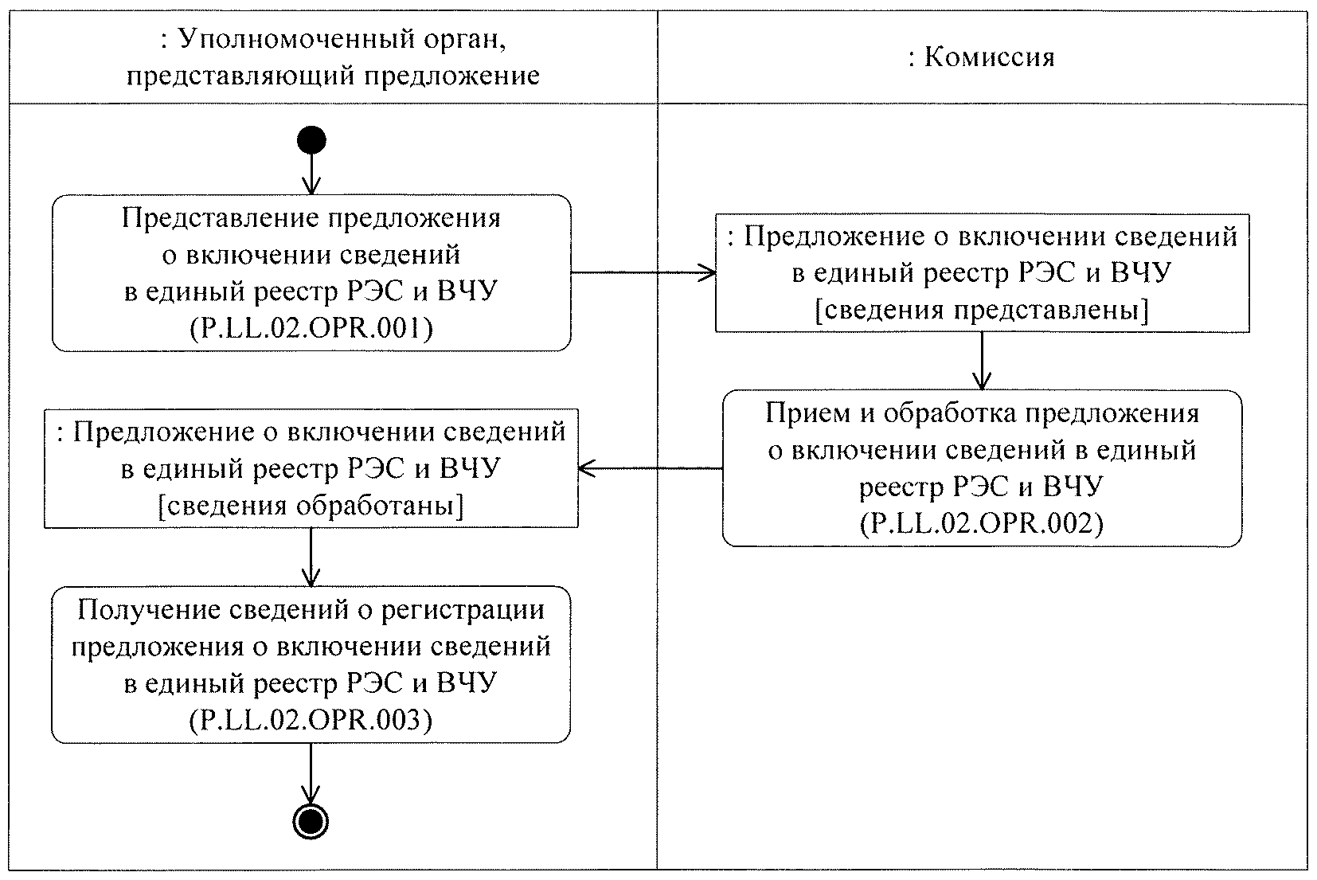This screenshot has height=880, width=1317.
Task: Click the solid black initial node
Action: click(311, 141)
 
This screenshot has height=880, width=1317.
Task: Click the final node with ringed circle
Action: click(311, 821)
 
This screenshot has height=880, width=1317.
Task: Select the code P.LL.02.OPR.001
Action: click(311, 328)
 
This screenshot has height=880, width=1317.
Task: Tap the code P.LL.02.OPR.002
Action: click(982, 523)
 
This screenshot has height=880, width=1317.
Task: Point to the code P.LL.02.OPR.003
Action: click(311, 720)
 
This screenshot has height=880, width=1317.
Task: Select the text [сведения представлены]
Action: click(982, 310)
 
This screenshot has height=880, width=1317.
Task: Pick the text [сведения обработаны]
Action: click(311, 506)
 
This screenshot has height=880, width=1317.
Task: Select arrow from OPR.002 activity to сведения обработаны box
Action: click(650, 468)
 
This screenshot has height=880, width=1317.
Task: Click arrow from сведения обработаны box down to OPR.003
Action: click(311, 557)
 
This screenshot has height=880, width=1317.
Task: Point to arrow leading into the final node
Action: click(311, 772)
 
